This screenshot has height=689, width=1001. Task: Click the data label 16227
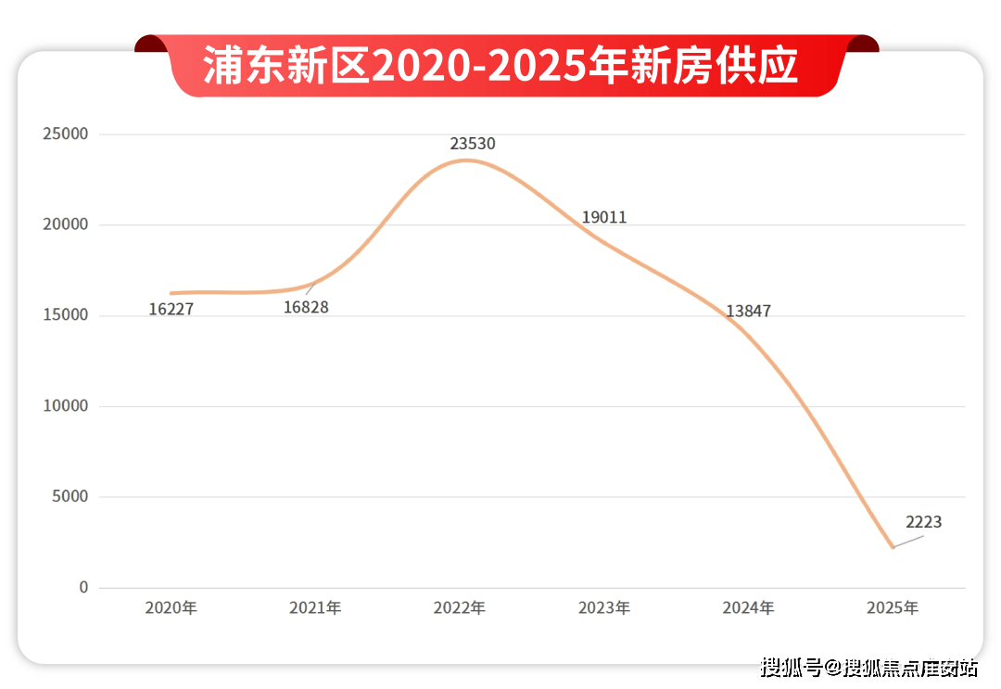171,310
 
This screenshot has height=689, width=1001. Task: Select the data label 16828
306,308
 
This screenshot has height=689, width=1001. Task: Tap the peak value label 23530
473,145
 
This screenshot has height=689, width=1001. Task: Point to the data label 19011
604,218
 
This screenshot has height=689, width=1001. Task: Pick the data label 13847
748,312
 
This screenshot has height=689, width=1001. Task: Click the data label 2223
923,522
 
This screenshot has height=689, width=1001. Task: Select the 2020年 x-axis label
171,608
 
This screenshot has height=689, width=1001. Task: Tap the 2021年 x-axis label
315,608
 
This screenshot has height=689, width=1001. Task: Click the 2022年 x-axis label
460,608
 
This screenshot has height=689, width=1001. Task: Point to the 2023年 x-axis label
604,608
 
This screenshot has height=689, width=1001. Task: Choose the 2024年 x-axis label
749,608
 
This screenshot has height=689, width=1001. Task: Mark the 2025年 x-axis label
893,608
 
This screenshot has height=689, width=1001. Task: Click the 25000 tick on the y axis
66,134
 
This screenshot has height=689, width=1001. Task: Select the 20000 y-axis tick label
66,225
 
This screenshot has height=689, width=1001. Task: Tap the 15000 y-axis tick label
66,315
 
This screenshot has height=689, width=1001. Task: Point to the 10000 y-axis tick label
66,406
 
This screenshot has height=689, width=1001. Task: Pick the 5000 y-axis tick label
70,497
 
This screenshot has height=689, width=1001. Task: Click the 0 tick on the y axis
83,588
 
